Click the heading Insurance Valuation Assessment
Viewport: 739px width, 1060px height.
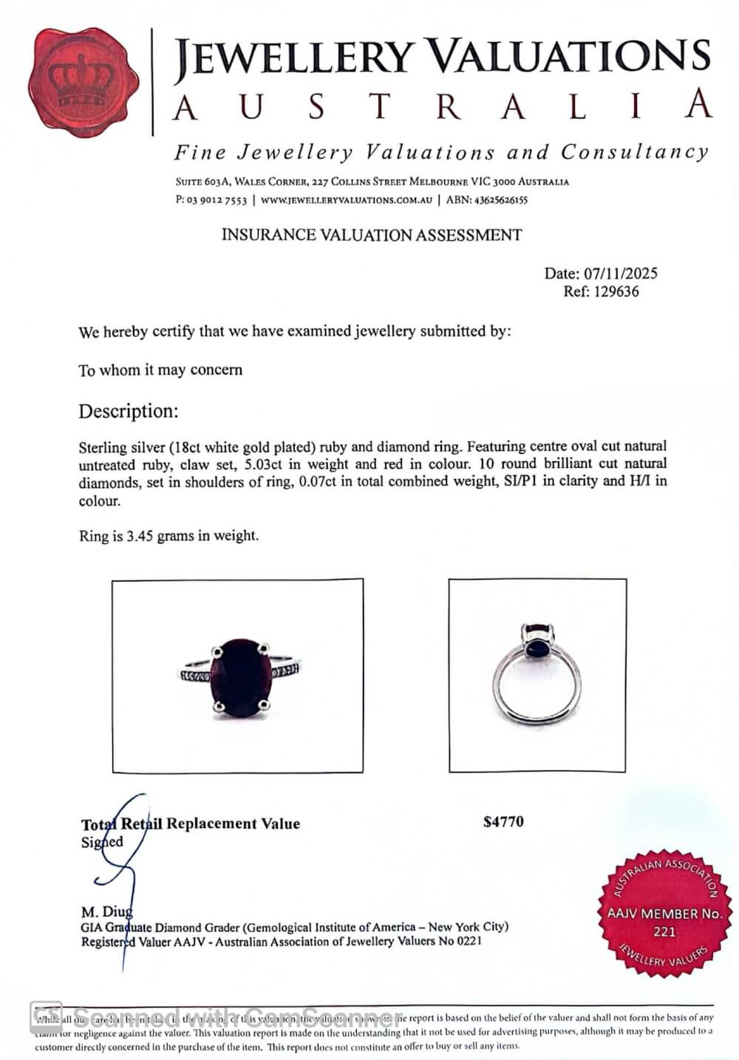click(372, 236)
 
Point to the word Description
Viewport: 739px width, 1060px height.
click(129, 411)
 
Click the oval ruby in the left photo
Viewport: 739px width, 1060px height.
click(240, 678)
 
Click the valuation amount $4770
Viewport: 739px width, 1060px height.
click(503, 822)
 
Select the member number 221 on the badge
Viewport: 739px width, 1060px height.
click(664, 931)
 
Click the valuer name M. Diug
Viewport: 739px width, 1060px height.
click(106, 912)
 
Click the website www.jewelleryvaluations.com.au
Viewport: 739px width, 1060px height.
click(346, 200)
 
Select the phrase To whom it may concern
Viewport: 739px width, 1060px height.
click(160, 370)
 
